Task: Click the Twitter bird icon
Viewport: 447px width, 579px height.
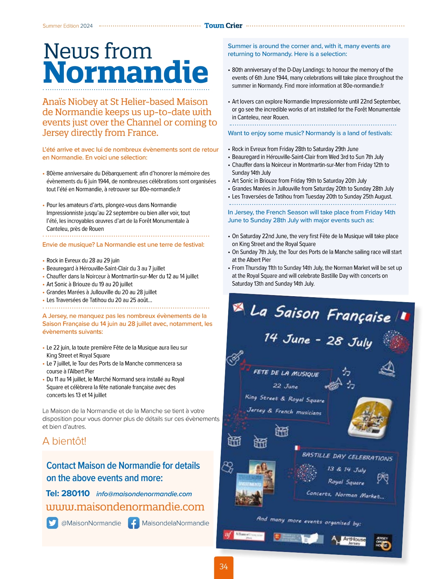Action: pyautogui.click(x=52, y=523)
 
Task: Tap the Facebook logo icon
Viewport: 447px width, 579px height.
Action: pyautogui.click(x=134, y=523)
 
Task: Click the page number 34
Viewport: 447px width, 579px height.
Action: pyautogui.click(x=224, y=566)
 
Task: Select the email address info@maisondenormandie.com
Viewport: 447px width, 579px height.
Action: pyautogui.click(x=144, y=494)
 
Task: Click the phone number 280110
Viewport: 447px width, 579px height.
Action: pyautogui.click(x=75, y=493)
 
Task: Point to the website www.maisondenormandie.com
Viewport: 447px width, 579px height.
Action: pyautogui.click(x=125, y=506)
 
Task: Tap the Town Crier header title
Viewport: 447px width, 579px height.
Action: pyautogui.click(x=223, y=26)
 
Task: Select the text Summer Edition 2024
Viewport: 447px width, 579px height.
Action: pyautogui.click(x=68, y=26)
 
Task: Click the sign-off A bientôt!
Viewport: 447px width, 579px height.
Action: pyautogui.click(x=64, y=441)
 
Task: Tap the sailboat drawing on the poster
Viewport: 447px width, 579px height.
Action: pyautogui.click(x=387, y=368)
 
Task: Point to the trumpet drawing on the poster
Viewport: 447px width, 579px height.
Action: pyautogui.click(x=333, y=384)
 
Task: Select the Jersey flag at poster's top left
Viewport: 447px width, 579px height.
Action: pyautogui.click(x=238, y=308)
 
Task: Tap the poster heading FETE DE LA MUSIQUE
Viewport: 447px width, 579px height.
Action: pyautogui.click(x=286, y=373)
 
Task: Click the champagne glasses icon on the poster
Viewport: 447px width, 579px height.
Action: pyautogui.click(x=382, y=478)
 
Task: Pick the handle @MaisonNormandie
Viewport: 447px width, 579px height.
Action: pyautogui.click(x=91, y=523)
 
